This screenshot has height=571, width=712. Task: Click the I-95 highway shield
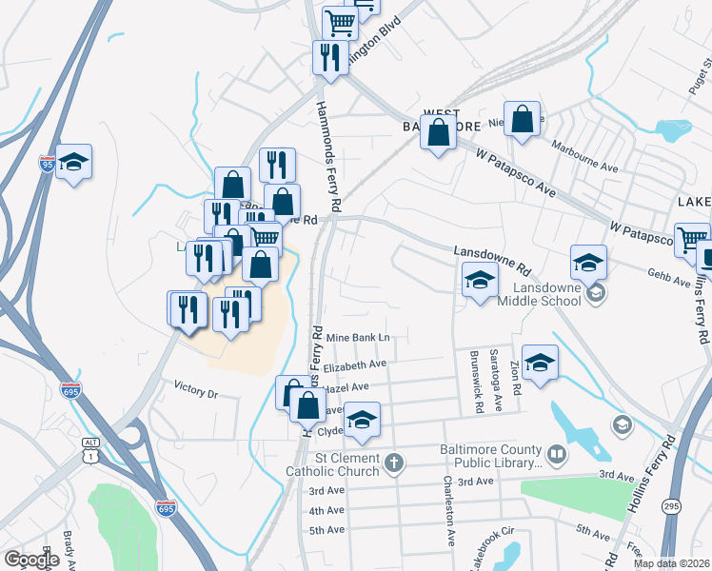pyautogui.click(x=47, y=163)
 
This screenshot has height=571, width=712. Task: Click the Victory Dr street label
pyautogui.click(x=196, y=389)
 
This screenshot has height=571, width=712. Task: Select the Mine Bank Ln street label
pyautogui.click(x=358, y=338)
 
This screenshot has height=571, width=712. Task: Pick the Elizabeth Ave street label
pyautogui.click(x=354, y=364)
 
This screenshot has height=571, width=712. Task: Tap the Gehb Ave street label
pyautogui.click(x=667, y=282)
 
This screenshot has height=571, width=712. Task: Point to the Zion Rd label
pyautogui.click(x=516, y=377)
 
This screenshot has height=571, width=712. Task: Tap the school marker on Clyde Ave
pyautogui.click(x=362, y=420)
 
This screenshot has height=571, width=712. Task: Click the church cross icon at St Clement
pyautogui.click(x=395, y=464)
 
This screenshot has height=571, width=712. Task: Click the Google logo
pyautogui.click(x=30, y=560)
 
